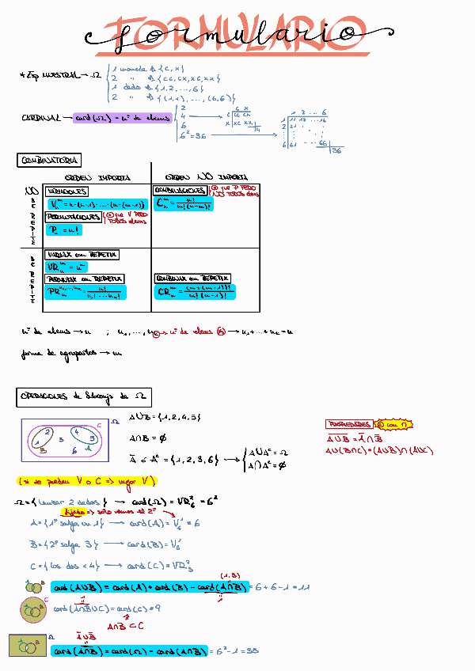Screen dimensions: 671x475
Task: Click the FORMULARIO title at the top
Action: click(230, 36)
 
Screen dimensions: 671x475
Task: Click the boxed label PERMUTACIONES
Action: click(73, 216)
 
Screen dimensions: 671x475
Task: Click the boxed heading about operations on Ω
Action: click(83, 397)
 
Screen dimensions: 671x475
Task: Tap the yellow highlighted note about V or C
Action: click(87, 481)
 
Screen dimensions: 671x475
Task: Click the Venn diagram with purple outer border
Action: click(64, 440)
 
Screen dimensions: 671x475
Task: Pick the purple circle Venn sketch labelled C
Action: click(32, 611)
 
